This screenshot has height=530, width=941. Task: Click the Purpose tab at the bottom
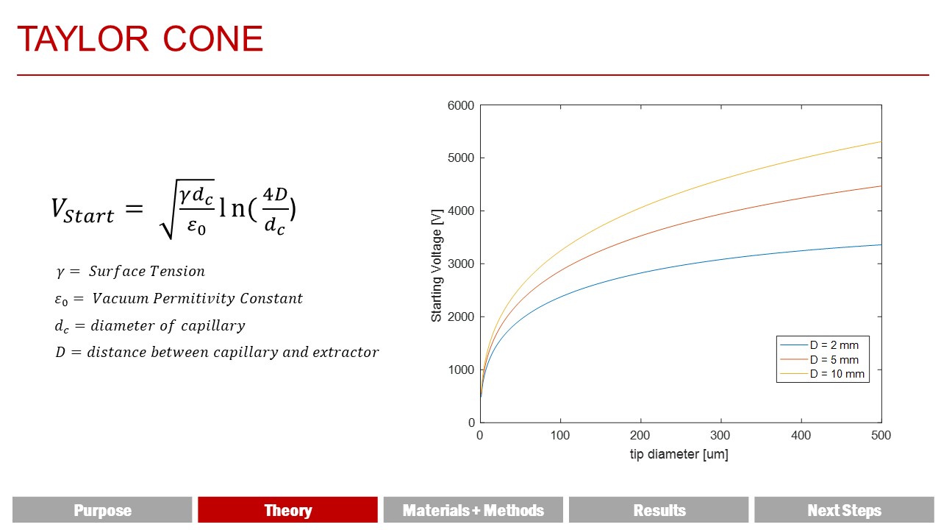click(x=102, y=510)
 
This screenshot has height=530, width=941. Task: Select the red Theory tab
click(x=287, y=510)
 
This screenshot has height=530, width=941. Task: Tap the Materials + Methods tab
click(x=473, y=510)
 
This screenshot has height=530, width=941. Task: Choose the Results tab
click(x=659, y=510)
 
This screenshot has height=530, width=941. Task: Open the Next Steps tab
click(x=844, y=510)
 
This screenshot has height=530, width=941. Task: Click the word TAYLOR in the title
click(x=83, y=39)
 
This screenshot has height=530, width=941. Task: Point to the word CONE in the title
click(x=213, y=39)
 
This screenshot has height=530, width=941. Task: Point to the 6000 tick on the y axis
click(x=461, y=105)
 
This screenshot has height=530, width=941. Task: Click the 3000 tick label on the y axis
click(x=461, y=264)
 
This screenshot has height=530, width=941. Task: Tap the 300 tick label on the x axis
click(x=720, y=435)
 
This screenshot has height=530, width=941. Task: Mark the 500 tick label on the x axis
click(x=881, y=435)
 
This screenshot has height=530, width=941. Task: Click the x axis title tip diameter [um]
click(x=679, y=454)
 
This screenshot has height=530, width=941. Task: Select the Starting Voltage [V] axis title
click(x=437, y=266)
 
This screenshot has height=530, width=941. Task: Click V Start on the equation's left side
click(x=82, y=211)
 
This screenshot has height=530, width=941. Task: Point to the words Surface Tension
click(x=146, y=272)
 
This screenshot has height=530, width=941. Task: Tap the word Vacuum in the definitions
click(x=121, y=298)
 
